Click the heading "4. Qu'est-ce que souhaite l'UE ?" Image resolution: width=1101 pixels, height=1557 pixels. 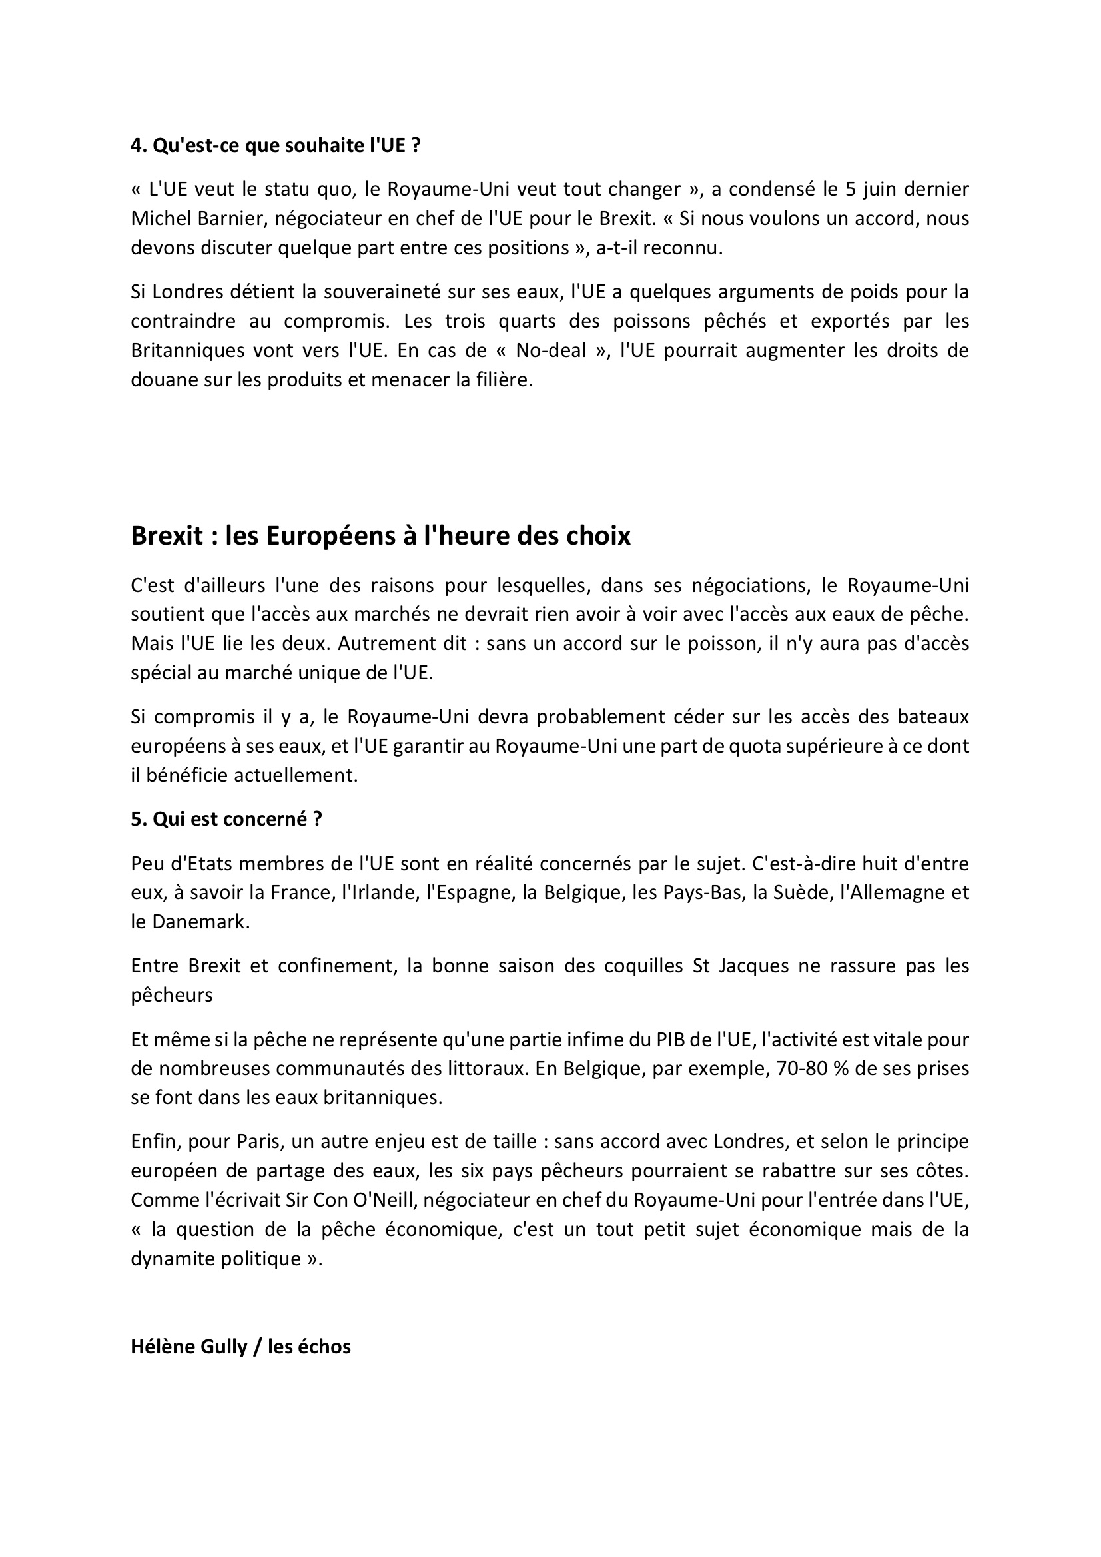276,145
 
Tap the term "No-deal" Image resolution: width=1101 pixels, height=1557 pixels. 548,350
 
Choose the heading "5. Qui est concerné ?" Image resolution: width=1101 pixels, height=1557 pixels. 226,819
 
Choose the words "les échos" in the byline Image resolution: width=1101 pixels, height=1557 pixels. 309,1347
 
